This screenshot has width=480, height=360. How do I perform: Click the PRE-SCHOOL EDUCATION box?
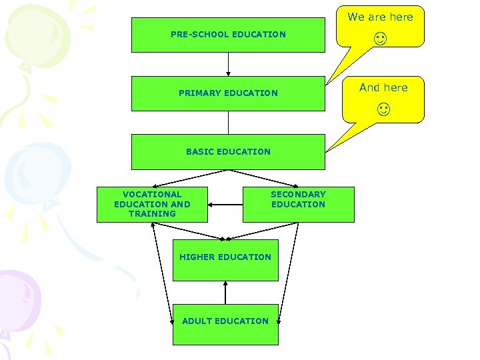[228, 35]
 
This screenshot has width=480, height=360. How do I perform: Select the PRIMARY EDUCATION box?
[228, 93]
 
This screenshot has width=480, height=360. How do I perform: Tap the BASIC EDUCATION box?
[228, 152]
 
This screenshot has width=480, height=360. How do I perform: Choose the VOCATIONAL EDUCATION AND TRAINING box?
[152, 204]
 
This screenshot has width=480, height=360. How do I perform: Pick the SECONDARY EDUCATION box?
[298, 204]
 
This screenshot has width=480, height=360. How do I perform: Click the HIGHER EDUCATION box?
[225, 257]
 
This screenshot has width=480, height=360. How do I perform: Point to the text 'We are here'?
[381, 17]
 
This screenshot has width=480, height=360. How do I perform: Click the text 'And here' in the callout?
[383, 87]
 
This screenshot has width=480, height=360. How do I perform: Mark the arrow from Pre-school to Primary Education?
[228, 64]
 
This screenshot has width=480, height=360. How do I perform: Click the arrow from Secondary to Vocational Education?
[225, 204]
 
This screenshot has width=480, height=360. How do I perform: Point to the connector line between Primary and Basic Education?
[228, 123]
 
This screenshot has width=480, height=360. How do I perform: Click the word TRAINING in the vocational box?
[152, 214]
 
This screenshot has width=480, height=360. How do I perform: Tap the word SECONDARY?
[298, 195]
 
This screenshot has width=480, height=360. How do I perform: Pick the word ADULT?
[197, 321]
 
